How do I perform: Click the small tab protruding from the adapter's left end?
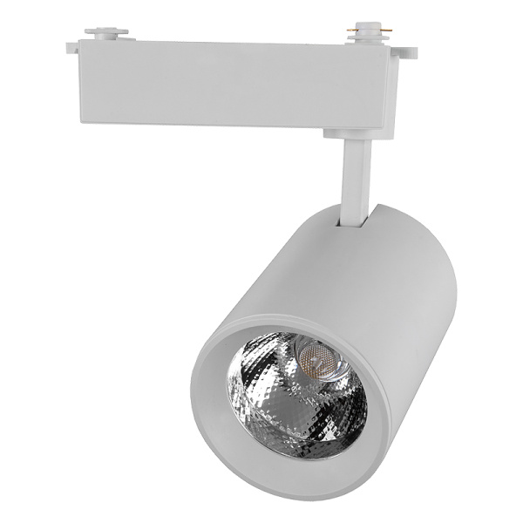pos(71,47)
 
